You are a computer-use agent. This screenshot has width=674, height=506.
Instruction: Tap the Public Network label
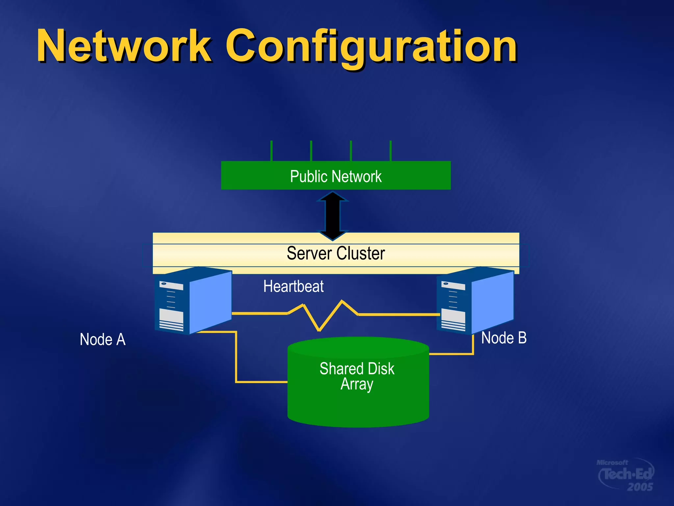336,176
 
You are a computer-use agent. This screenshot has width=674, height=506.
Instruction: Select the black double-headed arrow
333,216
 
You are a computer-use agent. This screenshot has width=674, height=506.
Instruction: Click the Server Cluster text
336,253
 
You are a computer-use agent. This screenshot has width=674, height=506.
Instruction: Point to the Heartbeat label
293,286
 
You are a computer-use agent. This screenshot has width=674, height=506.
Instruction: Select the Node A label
103,339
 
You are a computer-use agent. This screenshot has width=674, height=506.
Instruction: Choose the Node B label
504,338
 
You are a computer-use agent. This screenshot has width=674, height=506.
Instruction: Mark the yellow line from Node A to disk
236,359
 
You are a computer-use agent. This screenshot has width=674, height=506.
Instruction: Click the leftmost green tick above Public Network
271,151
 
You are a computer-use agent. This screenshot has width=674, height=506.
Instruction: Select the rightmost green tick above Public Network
390,151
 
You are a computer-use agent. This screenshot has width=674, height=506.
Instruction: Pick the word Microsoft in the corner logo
612,463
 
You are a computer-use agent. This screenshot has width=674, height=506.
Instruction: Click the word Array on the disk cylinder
357,384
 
